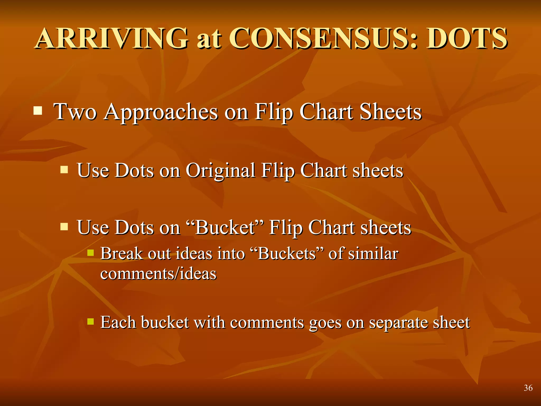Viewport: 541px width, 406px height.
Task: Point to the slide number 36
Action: [528, 388]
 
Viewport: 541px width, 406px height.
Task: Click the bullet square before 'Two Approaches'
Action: [38, 110]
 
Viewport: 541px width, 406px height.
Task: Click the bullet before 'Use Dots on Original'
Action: [64, 169]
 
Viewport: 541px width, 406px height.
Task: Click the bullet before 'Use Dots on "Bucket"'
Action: [64, 227]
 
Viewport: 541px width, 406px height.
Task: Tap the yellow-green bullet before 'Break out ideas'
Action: [91, 253]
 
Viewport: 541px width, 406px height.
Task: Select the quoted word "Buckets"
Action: [287, 254]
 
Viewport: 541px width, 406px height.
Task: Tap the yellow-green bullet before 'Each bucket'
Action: [91, 321]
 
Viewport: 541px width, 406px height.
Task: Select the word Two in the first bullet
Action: [75, 112]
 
